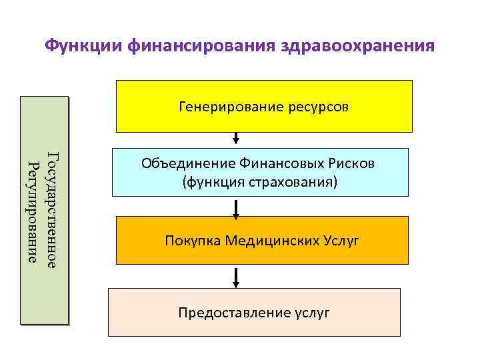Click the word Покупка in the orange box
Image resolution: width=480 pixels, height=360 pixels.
point(192,241)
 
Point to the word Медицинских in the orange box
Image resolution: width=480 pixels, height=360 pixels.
point(270,241)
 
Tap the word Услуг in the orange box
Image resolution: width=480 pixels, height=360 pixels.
point(339,241)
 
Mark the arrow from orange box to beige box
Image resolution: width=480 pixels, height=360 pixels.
point(236,277)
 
